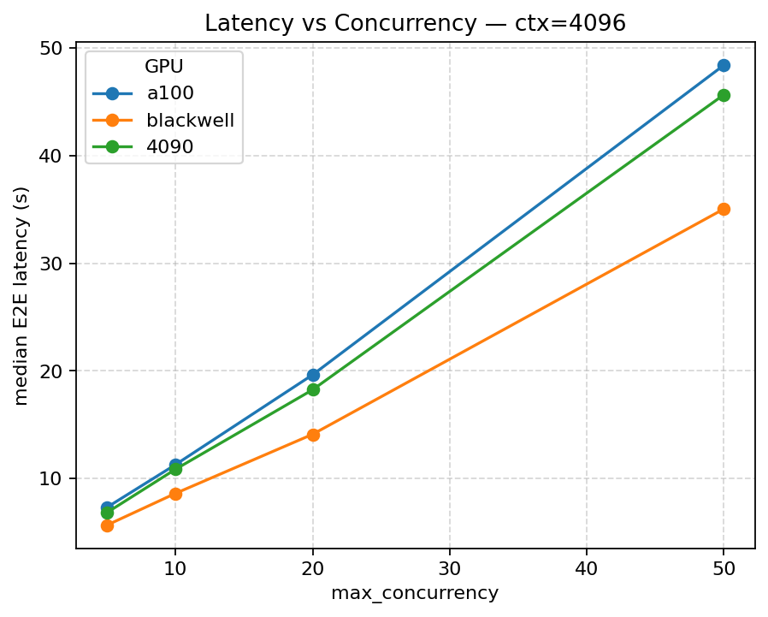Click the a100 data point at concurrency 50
point(724,66)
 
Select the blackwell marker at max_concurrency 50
point(724,209)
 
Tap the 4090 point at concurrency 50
point(724,95)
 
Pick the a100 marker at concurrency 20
point(313,375)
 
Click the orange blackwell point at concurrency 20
point(313,435)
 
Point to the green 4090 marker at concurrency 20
point(313,389)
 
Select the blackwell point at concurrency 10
point(175,494)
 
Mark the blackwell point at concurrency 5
point(107,525)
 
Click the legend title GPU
point(164,68)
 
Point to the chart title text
point(415,23)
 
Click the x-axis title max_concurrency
point(415,593)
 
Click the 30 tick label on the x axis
point(450,567)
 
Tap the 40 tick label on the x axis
point(587,567)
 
